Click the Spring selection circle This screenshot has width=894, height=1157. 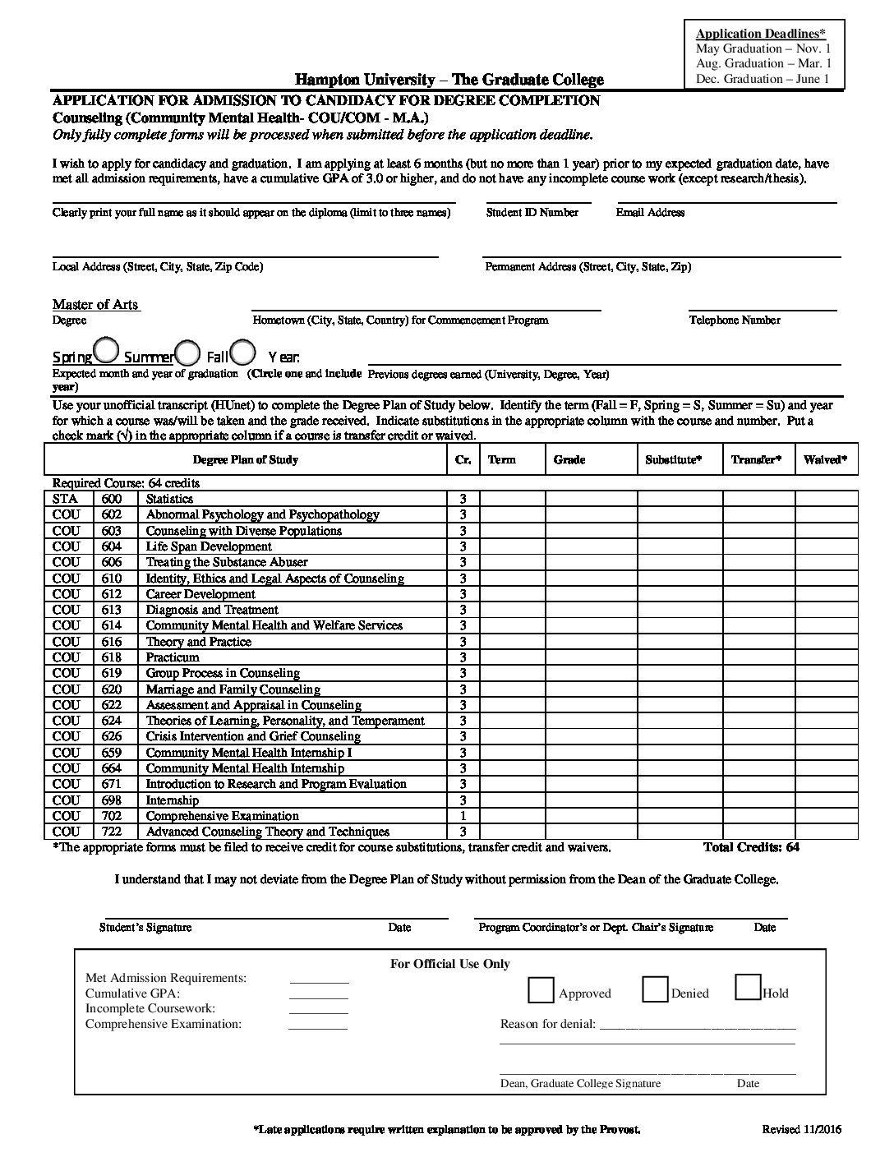pyautogui.click(x=106, y=351)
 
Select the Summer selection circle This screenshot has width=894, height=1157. pyautogui.click(x=188, y=353)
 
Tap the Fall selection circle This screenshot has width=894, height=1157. pyautogui.click(x=242, y=352)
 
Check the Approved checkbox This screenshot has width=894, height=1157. pyautogui.click(x=541, y=990)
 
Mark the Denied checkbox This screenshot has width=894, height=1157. pyautogui.click(x=654, y=989)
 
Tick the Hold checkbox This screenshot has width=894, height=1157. pyautogui.click(x=747, y=987)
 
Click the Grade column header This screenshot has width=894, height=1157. pyautogui.click(x=569, y=460)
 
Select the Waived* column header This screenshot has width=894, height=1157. pyautogui.click(x=826, y=460)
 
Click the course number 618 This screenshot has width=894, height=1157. pyautogui.click(x=111, y=657)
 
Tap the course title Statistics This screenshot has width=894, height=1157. pyautogui.click(x=169, y=499)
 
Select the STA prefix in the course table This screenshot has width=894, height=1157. pyautogui.click(x=65, y=499)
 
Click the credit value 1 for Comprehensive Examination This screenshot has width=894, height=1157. pyautogui.click(x=463, y=816)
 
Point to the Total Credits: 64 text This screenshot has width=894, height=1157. pyautogui.click(x=751, y=847)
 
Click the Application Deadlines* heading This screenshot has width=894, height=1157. pyautogui.click(x=760, y=34)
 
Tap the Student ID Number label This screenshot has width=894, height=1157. pyautogui.click(x=532, y=213)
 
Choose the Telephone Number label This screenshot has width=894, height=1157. pyautogui.click(x=735, y=320)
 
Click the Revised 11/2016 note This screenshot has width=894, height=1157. pyautogui.click(x=801, y=1129)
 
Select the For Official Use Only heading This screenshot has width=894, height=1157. pyautogui.click(x=449, y=964)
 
